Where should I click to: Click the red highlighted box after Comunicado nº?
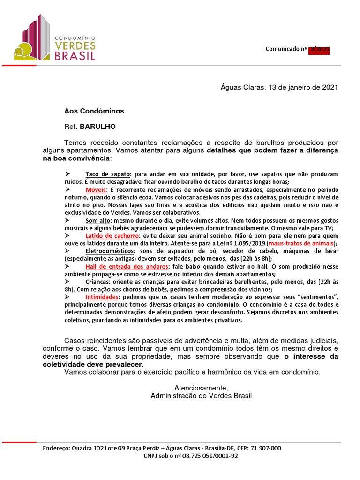pyautogui.click(x=318, y=49)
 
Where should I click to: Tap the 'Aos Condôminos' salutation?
pyautogui.click(x=94, y=111)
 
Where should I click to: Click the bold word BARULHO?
pyautogui.click(x=97, y=127)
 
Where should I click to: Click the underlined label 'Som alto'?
pyautogui.click(x=97, y=220)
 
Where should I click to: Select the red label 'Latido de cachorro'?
pyautogui.click(x=112, y=235)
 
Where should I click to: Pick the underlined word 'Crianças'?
pyautogui.click(x=97, y=282)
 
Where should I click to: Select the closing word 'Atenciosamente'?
pyautogui.click(x=201, y=388)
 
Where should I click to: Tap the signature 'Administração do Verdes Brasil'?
pyautogui.click(x=201, y=396)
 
